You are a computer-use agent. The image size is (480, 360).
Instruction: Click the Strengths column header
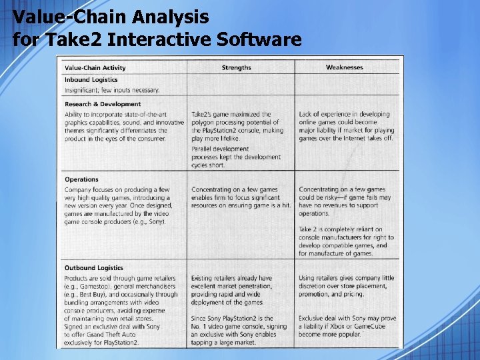click(236, 67)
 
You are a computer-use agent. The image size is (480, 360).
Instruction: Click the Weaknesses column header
click(344, 67)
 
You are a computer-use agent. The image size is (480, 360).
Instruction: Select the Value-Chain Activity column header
click(95, 67)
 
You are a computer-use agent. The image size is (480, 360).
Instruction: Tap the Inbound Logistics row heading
click(91, 80)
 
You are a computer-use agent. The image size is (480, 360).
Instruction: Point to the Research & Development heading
click(103, 104)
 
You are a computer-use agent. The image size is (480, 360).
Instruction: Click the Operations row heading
click(81, 179)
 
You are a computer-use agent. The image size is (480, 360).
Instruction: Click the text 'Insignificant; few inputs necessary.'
click(112, 90)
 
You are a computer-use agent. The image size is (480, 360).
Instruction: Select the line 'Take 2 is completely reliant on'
click(341, 229)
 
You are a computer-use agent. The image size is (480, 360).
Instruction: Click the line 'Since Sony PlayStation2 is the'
click(232, 319)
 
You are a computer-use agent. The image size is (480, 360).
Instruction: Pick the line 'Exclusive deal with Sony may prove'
click(347, 319)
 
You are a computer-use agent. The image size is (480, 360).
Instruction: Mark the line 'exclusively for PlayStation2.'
click(101, 343)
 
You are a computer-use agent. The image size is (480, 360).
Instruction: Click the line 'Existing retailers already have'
click(231, 278)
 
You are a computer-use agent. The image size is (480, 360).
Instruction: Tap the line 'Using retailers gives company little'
click(347, 278)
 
